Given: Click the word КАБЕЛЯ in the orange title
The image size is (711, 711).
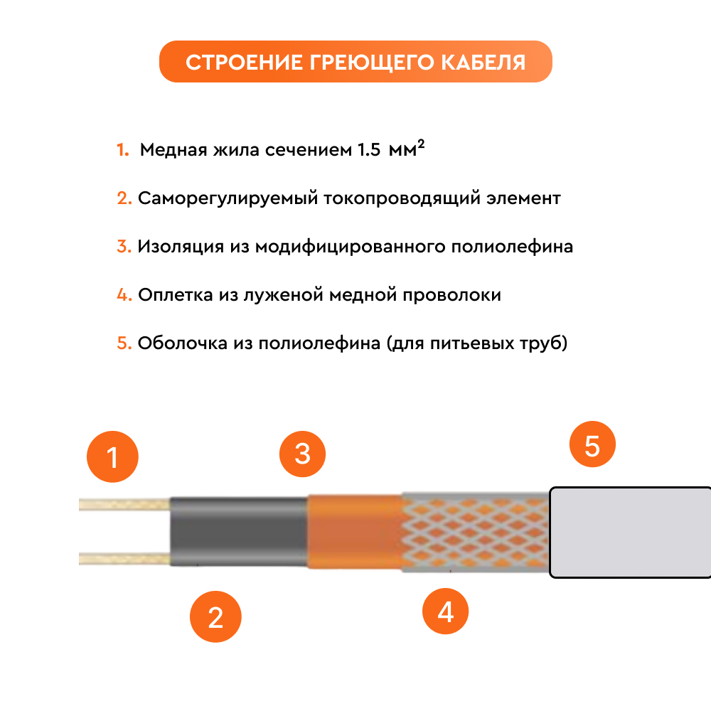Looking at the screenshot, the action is [x=483, y=63].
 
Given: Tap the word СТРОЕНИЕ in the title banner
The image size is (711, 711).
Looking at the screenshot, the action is [x=244, y=63].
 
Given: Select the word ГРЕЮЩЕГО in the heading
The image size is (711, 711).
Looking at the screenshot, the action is [x=372, y=63].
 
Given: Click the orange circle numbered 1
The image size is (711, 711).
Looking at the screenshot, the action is [x=112, y=456].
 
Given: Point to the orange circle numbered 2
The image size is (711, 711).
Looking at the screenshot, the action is [x=215, y=616].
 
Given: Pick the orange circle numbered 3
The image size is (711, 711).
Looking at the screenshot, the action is [x=302, y=454].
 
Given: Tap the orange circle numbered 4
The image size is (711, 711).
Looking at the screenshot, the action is [x=445, y=611].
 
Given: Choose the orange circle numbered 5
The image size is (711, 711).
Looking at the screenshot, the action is [x=592, y=444].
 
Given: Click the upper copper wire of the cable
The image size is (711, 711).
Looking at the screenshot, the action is [x=124, y=504].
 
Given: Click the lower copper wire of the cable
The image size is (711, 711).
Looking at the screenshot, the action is [x=124, y=559].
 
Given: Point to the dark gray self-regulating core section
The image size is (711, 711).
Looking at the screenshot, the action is [x=239, y=531].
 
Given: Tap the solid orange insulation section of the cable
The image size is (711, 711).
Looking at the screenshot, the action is [x=355, y=531].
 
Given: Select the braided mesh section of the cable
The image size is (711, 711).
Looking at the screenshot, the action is [x=476, y=532].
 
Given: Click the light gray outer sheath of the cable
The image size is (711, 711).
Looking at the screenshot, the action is [x=630, y=533].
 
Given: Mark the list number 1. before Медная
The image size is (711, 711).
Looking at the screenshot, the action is [x=123, y=149].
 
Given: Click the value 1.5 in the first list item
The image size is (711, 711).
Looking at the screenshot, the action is [x=368, y=149].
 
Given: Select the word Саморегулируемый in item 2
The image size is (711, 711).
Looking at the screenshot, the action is [x=228, y=198].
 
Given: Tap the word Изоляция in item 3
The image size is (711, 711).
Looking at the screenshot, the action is [x=181, y=247].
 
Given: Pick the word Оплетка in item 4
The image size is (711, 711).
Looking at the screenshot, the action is [x=176, y=295].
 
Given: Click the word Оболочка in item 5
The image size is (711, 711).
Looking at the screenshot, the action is [x=182, y=343].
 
